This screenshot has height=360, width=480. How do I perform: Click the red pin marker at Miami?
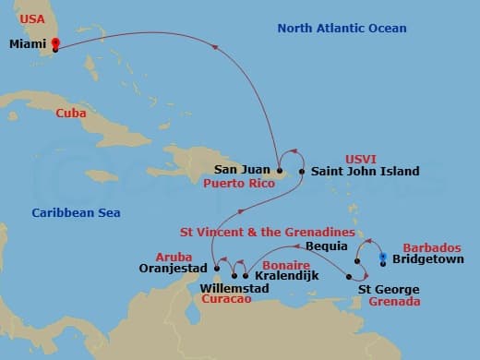tap(55, 42)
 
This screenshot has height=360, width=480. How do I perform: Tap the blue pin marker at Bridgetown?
tap(383, 258)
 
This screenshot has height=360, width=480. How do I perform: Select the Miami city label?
tap(28, 43)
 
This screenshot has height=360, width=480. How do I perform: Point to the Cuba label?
tap(71, 113)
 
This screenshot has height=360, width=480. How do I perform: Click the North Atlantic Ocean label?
tap(342, 29)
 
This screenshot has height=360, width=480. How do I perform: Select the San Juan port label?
tap(243, 170)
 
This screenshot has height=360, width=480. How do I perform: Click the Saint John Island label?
tap(366, 171)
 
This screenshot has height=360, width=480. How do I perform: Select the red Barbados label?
tap(430, 247)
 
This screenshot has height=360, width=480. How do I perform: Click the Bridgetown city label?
tap(428, 261)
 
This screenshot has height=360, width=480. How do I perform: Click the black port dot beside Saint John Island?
tap(301, 171)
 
